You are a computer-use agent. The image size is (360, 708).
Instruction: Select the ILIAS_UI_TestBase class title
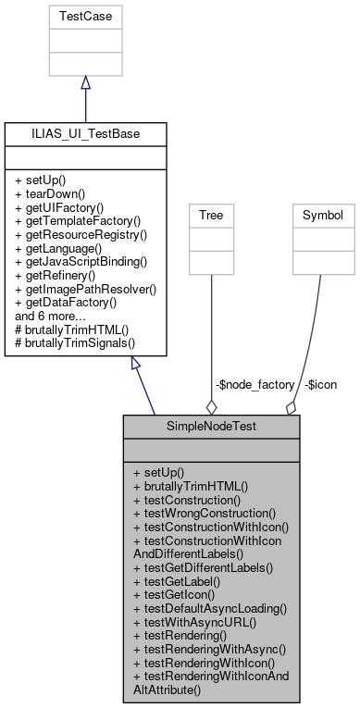click(x=85, y=135)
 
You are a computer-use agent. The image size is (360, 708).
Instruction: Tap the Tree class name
click(x=212, y=215)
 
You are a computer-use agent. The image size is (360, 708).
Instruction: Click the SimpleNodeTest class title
click(x=211, y=429)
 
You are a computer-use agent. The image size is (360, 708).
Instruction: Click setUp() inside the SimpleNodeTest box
click(x=159, y=472)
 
